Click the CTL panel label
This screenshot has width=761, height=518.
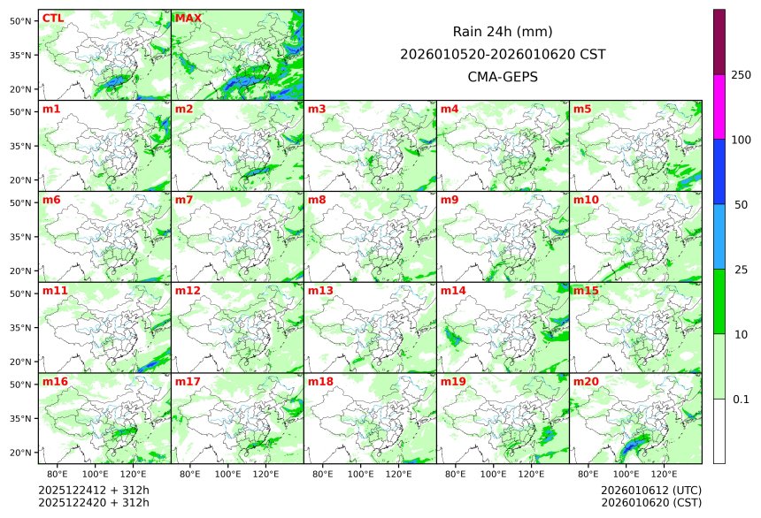(x=52, y=19)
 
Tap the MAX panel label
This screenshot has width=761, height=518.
(x=188, y=19)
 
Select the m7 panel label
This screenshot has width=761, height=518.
(x=184, y=200)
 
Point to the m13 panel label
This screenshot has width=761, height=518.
(x=320, y=291)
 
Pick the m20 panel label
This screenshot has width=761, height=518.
(x=586, y=382)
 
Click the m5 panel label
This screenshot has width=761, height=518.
(x=582, y=110)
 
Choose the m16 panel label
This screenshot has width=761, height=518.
(x=55, y=382)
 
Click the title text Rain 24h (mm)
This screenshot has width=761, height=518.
(x=503, y=32)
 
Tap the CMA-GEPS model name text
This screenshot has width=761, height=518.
(x=503, y=77)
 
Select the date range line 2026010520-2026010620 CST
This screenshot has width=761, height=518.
(x=503, y=54)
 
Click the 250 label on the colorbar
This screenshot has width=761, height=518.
(x=742, y=75)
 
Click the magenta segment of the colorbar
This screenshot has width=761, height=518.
(x=719, y=106)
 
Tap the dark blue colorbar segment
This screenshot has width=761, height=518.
(x=719, y=171)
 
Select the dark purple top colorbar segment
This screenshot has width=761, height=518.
(x=719, y=42)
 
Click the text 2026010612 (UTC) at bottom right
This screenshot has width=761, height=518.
(x=639, y=490)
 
